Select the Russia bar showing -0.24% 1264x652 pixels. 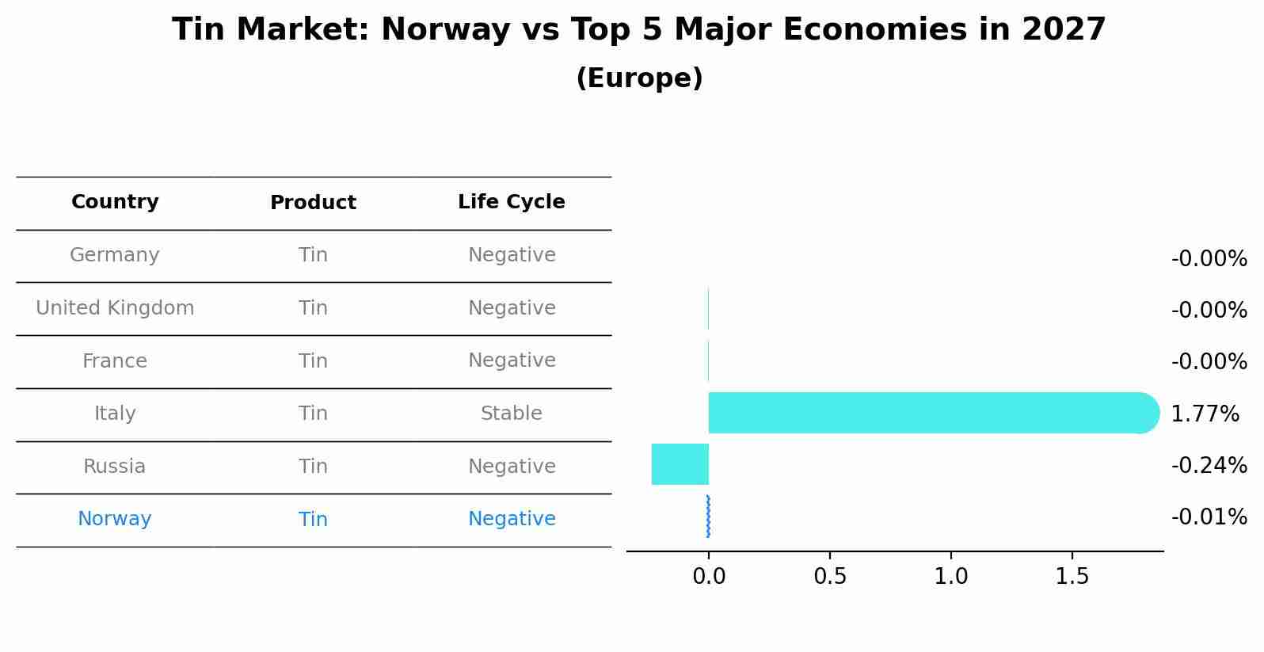[x=680, y=464]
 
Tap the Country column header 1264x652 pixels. [x=115, y=202]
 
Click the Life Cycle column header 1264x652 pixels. [x=512, y=202]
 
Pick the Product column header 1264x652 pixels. [x=313, y=203]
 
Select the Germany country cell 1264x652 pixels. [x=115, y=255]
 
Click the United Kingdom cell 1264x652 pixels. [x=115, y=308]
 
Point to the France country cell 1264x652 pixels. [x=115, y=361]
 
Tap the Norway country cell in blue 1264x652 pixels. [x=115, y=519]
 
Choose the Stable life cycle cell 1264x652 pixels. [x=512, y=414]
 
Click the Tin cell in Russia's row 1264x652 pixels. [x=313, y=467]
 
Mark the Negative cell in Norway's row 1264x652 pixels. [x=512, y=519]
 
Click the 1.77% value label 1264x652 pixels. [x=1205, y=414]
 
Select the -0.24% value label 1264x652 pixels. [x=1209, y=465]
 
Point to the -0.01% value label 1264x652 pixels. [x=1209, y=517]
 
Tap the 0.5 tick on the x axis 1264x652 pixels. [x=830, y=577]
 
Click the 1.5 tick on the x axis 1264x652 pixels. [x=1072, y=577]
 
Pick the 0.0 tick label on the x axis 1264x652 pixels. [x=709, y=577]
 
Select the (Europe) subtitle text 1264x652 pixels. [x=639, y=78]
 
